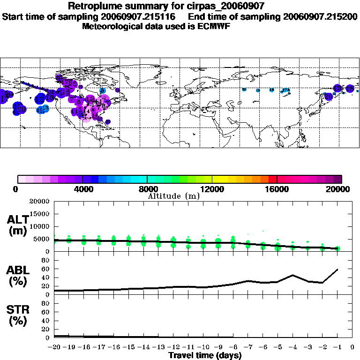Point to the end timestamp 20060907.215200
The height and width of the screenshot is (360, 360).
coord(321,16)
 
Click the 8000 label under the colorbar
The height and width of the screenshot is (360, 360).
coord(147,189)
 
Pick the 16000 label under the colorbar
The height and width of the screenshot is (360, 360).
coord(277,189)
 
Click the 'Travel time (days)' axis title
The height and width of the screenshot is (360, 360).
coord(205,356)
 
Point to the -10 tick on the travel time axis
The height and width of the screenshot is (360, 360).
coord(203,348)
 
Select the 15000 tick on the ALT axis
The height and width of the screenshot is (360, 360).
coord(40,214)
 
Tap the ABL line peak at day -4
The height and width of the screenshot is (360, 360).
coord(292,275)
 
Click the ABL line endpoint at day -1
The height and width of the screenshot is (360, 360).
coord(337,270)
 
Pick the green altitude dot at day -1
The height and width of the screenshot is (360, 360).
coord(337,248)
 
